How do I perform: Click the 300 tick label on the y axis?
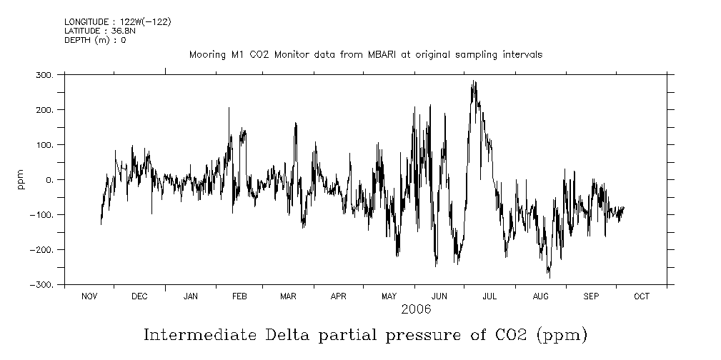click(45, 74)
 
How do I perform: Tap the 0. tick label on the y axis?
click(49, 180)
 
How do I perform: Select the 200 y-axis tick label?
click(45, 109)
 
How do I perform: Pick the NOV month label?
click(89, 296)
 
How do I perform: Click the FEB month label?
click(239, 296)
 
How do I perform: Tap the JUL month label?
click(490, 296)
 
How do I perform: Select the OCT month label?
click(641, 296)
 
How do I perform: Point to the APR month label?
click(339, 296)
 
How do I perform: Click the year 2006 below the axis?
click(415, 310)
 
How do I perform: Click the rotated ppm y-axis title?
click(21, 179)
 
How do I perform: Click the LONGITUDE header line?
click(117, 22)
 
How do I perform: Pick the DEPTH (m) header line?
click(94, 41)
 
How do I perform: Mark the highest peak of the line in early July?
click(473, 81)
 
